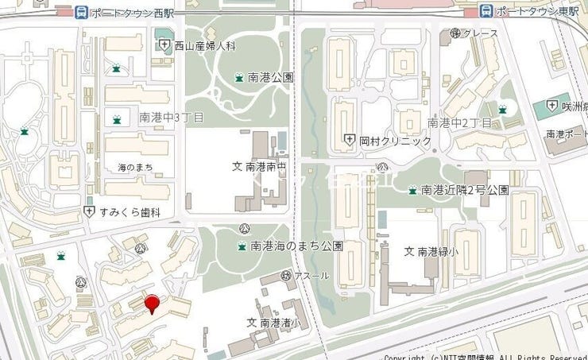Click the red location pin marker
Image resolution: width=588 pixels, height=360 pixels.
click(x=152, y=303)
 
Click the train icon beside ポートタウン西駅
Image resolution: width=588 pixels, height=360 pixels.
click(x=80, y=12)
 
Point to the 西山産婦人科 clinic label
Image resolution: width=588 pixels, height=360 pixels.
click(x=205, y=46)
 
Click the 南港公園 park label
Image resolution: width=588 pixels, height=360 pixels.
click(x=271, y=78)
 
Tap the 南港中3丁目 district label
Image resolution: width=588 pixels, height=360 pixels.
click(x=172, y=118)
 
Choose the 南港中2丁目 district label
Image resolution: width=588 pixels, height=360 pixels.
click(x=460, y=122)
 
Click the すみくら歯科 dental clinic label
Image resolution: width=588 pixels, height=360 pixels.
click(x=130, y=211)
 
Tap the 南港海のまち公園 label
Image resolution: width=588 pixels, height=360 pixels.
click(x=296, y=246)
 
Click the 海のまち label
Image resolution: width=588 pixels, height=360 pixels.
click(x=135, y=167)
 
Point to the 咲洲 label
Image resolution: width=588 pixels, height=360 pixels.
click(x=573, y=106)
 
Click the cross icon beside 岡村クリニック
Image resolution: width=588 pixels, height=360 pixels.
click(x=349, y=141)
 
